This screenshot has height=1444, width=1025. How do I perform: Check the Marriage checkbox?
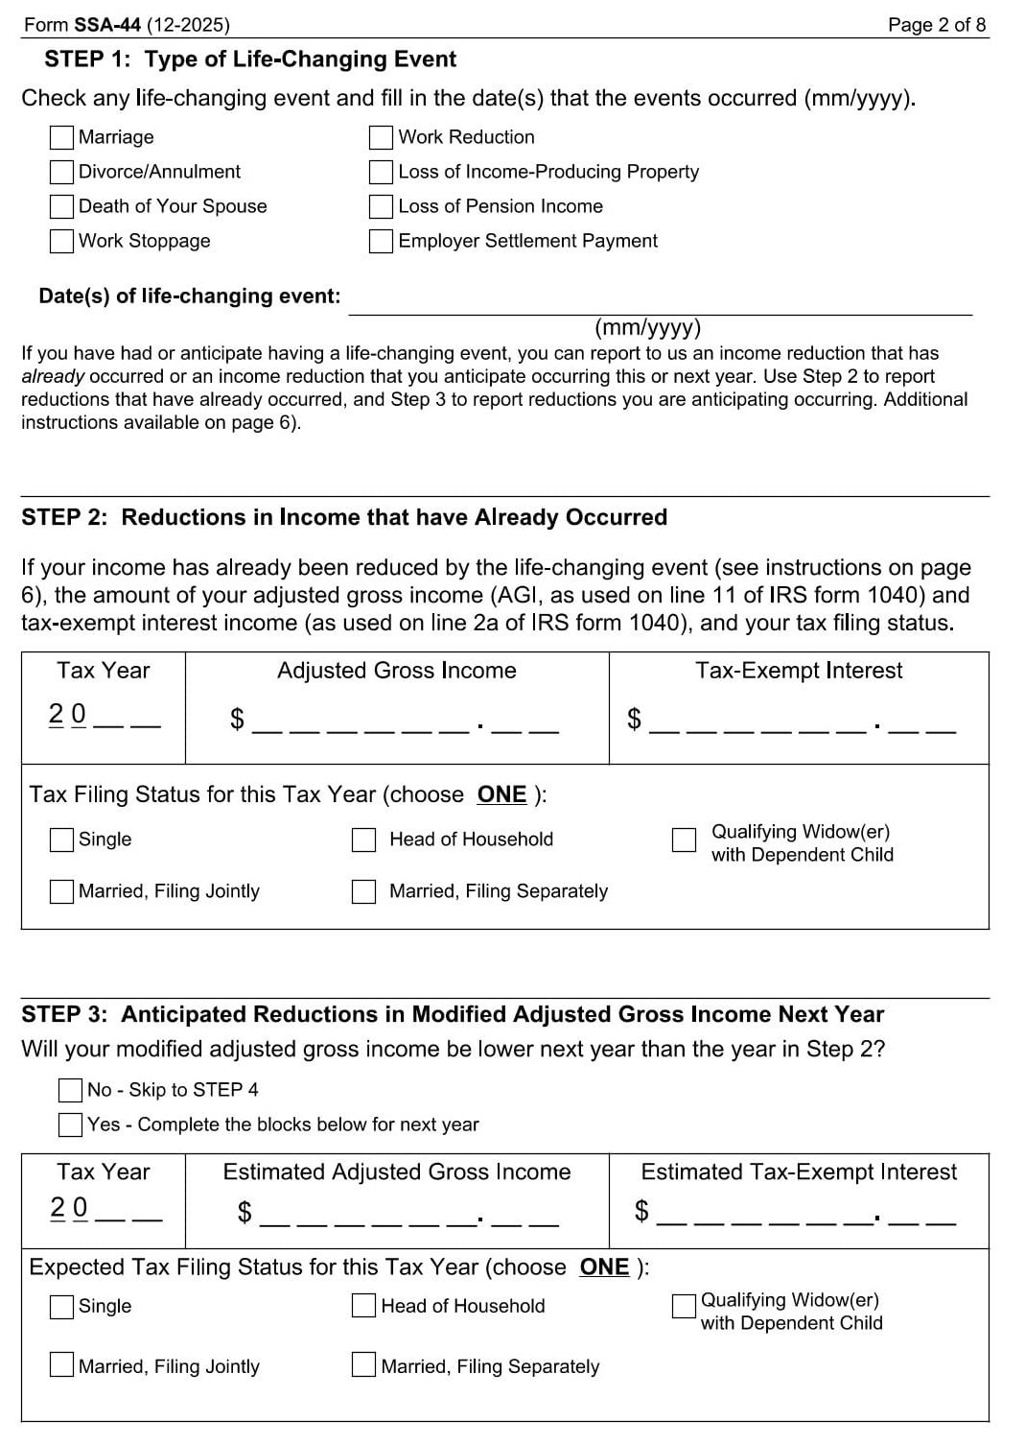tap(61, 138)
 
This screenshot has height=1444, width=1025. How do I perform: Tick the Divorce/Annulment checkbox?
tap(61, 173)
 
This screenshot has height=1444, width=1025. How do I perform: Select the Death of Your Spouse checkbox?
tap(61, 207)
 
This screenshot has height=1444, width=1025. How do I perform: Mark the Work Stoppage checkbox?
tap(61, 242)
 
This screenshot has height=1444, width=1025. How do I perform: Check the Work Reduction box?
tap(381, 138)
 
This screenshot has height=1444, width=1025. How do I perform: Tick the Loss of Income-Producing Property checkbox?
tap(381, 173)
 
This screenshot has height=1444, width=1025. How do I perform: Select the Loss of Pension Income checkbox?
tap(381, 207)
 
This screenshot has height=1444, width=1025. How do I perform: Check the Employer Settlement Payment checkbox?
tap(381, 242)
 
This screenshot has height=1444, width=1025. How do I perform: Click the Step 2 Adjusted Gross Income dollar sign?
tap(237, 720)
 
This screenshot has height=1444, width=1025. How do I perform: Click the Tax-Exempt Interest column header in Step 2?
tap(799, 671)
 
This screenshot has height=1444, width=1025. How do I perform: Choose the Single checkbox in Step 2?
tap(61, 840)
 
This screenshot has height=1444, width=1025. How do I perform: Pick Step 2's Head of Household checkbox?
tap(364, 840)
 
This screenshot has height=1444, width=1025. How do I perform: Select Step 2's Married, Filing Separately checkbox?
tap(364, 892)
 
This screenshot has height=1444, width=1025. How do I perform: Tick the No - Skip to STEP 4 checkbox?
tap(70, 1090)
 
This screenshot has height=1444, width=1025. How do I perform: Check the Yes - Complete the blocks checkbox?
tap(70, 1124)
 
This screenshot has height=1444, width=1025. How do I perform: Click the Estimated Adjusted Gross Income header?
tap(396, 1172)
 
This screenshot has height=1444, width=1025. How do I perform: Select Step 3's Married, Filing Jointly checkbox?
tap(61, 1364)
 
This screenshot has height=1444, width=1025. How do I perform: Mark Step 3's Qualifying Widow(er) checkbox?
tap(684, 1307)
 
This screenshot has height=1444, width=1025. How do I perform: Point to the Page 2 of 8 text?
tap(936, 25)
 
